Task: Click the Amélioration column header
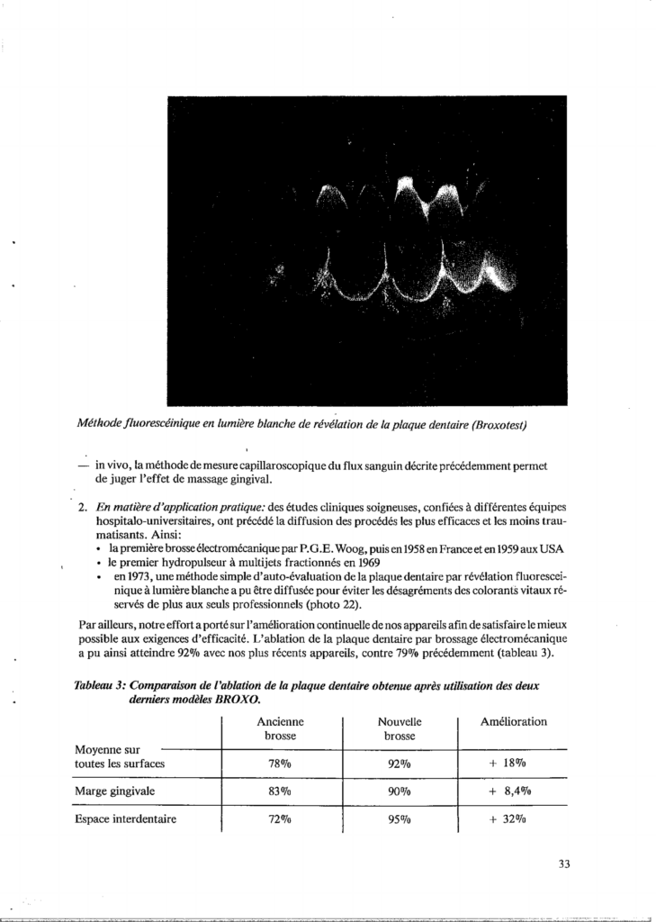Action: [514, 722]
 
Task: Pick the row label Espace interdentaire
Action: [125, 819]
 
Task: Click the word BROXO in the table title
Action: [238, 699]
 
